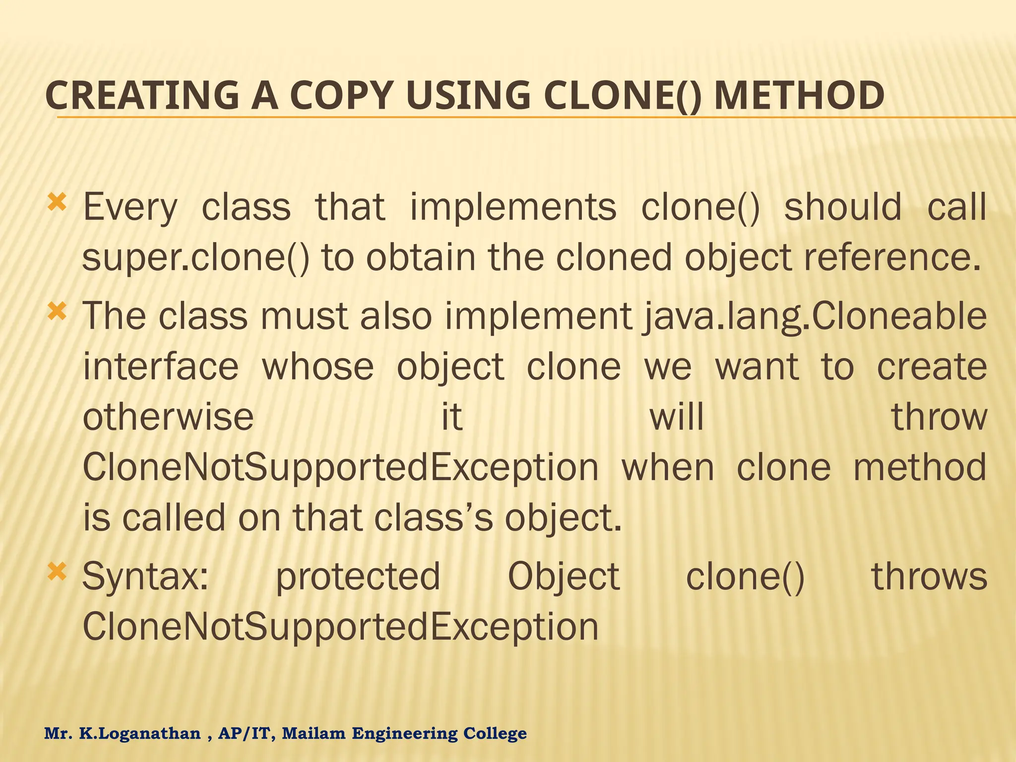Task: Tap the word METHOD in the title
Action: pyautogui.click(x=799, y=95)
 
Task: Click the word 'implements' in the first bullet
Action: pyautogui.click(x=513, y=207)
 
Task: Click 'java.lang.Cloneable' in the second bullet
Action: pyautogui.click(x=814, y=317)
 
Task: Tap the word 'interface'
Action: pyautogui.click(x=161, y=367)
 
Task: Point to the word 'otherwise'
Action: pyautogui.click(x=168, y=417)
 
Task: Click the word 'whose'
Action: pyautogui.click(x=318, y=367)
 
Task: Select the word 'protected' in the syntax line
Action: pyautogui.click(x=358, y=577)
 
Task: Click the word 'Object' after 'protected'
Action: pyautogui.click(x=564, y=577)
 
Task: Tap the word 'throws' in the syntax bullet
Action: pyautogui.click(x=929, y=576)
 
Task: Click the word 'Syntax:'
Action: pyautogui.click(x=145, y=577)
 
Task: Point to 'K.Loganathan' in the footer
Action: pyautogui.click(x=140, y=733)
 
